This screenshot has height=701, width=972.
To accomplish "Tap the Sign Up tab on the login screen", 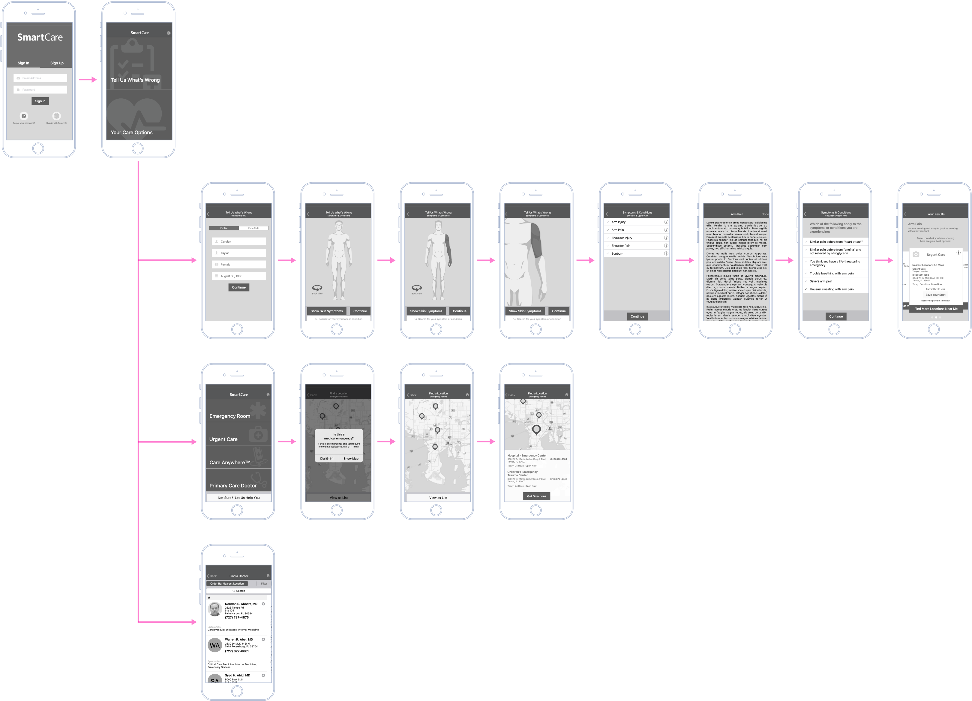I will (x=57, y=63).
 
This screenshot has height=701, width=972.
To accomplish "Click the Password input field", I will (x=40, y=90).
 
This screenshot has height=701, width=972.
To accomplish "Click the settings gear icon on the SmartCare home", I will (x=169, y=33).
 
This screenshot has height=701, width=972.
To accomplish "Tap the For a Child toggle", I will (x=253, y=228).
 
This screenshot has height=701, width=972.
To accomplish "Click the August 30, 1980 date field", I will (x=239, y=276).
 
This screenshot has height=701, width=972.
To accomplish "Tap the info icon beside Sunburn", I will (x=666, y=254).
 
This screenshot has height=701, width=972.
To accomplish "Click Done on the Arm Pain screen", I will (x=765, y=214).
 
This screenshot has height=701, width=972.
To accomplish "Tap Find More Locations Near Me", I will (x=936, y=309).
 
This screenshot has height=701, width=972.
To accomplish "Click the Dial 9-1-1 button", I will (x=327, y=458).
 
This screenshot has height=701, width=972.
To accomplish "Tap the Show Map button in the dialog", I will (x=351, y=458).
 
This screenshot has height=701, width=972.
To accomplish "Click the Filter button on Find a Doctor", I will (x=264, y=584).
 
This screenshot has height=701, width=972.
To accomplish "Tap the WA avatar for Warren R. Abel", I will (x=215, y=645).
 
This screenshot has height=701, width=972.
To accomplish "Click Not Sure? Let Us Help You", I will (x=239, y=498).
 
